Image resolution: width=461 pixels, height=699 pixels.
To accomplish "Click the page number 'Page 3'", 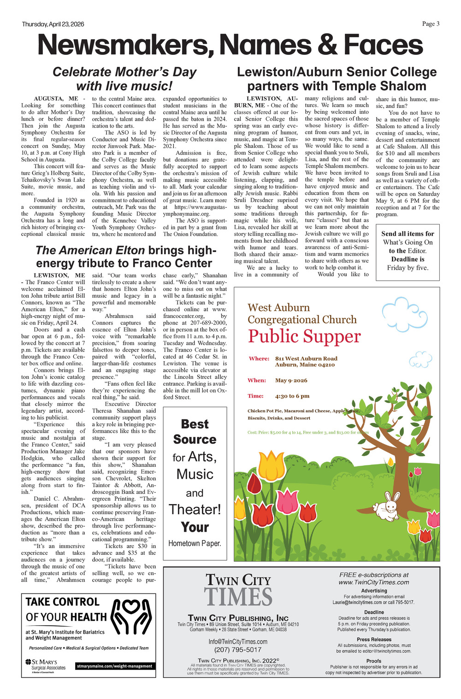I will click(x=431, y=24).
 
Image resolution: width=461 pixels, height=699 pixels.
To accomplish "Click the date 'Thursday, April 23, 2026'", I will click(x=53, y=24).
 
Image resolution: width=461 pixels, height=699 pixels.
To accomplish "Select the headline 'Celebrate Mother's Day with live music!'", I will click(x=124, y=79).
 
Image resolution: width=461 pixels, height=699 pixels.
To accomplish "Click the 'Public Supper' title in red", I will click(x=304, y=336).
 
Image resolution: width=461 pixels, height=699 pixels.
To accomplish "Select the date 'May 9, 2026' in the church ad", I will click(x=291, y=380).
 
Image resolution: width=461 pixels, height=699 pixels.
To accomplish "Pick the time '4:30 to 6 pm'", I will click(x=292, y=396).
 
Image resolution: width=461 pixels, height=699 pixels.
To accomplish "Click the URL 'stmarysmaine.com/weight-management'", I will click(x=114, y=666).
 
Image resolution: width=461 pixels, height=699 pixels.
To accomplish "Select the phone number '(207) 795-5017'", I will click(x=238, y=650).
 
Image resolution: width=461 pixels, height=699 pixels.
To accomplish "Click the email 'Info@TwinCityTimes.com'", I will click(x=238, y=641).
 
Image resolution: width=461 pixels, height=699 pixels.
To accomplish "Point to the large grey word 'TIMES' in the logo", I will click(x=238, y=597).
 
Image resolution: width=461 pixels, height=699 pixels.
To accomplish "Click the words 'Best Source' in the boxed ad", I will click(x=195, y=431).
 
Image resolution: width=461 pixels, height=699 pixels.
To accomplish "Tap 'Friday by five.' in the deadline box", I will click(x=408, y=267).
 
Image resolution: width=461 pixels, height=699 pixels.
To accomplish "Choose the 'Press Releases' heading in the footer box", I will click(x=374, y=639).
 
